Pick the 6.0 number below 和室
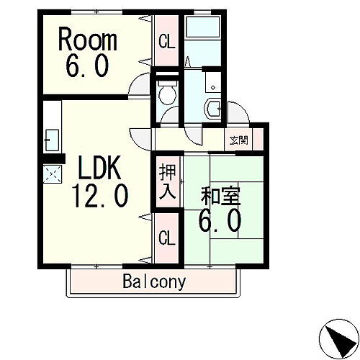(219, 220)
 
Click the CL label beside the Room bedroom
(166, 42)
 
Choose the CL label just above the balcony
(166, 237)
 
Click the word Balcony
(153, 281)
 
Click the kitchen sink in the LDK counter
(52, 137)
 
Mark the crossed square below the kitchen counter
(53, 173)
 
